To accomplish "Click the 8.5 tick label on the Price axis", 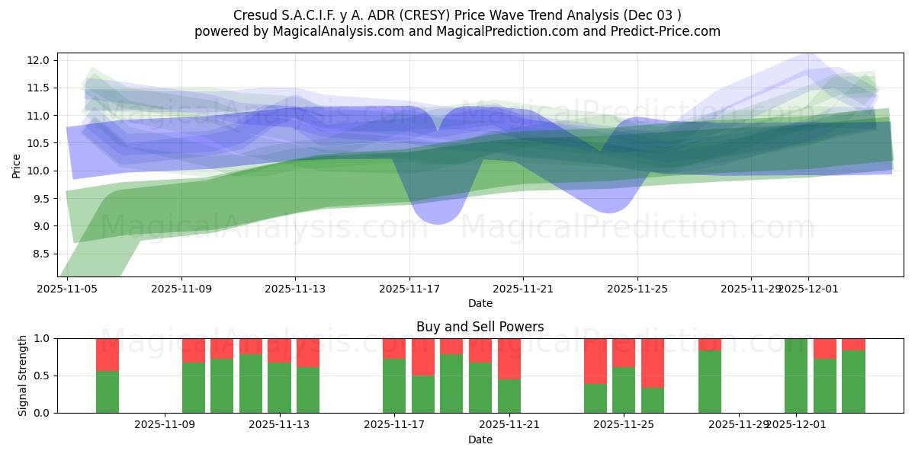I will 42,254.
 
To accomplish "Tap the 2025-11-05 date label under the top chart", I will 68,289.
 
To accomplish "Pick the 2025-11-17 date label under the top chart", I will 409,289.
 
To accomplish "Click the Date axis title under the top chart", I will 480,303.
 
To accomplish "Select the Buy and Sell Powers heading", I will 480,327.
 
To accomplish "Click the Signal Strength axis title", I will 23,376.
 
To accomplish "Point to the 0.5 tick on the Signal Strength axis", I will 43,376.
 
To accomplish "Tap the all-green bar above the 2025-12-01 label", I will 796,376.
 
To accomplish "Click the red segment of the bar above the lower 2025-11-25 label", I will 624,353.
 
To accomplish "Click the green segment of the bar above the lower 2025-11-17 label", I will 394,386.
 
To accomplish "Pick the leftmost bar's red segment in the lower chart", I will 108,355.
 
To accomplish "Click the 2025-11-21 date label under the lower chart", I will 509,425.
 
